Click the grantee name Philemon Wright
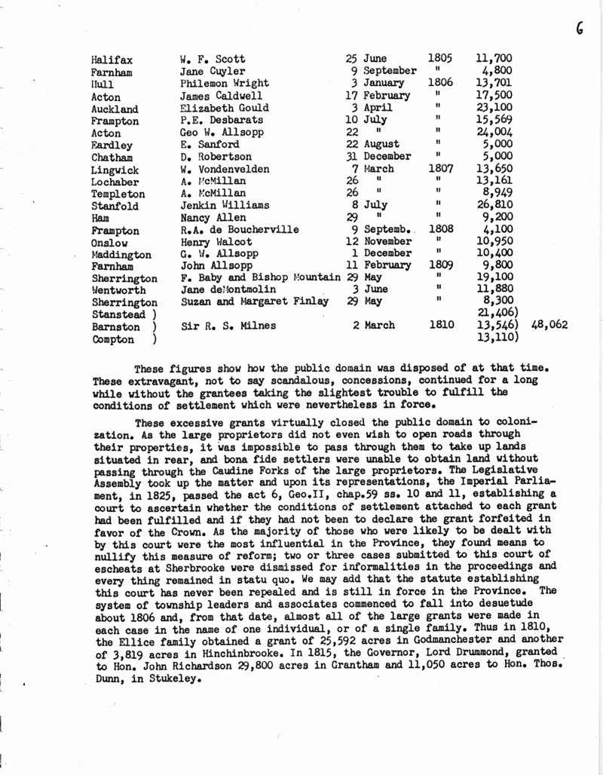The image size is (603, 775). tap(219, 83)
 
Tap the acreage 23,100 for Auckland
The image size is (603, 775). tap(494, 108)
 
